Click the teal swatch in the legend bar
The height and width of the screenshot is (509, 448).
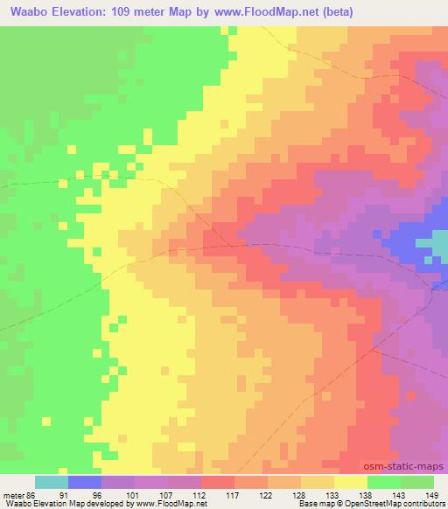(51, 482)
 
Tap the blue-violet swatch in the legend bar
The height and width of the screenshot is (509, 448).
(84, 482)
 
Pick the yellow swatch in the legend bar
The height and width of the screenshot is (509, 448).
(350, 482)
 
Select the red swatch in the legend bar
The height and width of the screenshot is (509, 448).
(217, 482)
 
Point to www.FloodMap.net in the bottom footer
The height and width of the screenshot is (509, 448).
(168, 504)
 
